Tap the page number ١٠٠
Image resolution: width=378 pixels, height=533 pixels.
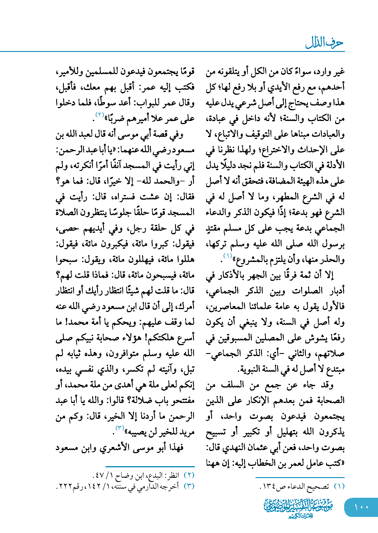click(361, 507)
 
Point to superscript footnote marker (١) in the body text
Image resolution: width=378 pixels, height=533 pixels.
click(228, 256)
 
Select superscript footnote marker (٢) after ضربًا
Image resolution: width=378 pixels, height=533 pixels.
click(100, 114)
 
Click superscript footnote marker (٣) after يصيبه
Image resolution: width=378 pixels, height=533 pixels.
click(120, 428)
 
